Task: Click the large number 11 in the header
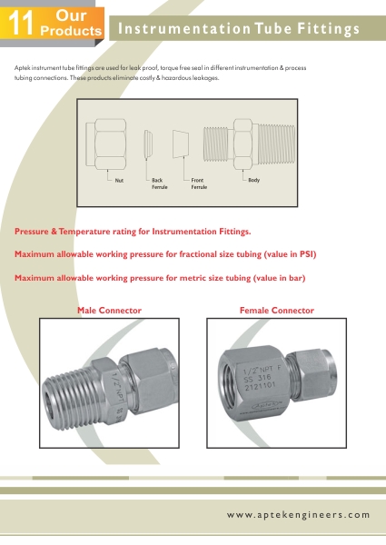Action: click(21, 23)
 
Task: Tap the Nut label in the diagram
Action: click(119, 181)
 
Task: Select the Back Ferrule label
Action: click(160, 183)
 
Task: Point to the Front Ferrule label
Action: click(199, 183)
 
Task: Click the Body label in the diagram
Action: click(254, 180)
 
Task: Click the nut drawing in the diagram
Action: click(106, 144)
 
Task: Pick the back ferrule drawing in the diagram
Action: click(148, 144)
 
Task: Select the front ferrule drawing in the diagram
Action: click(181, 144)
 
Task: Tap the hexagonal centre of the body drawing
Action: click(242, 144)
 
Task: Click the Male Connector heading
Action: click(109, 311)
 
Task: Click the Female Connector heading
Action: click(277, 311)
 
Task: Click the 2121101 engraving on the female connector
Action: click(261, 386)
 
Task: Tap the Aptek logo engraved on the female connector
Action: click(265, 405)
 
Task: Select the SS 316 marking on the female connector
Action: click(257, 378)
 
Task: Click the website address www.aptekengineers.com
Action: click(299, 515)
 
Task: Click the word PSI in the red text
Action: click(307, 254)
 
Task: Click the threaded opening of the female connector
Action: click(229, 382)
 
